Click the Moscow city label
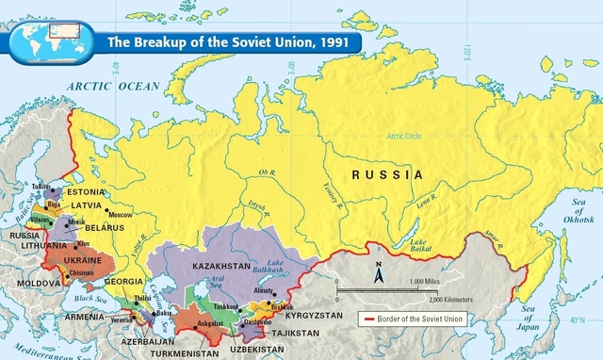click(x=121, y=215)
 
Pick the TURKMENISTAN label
click(x=184, y=352)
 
